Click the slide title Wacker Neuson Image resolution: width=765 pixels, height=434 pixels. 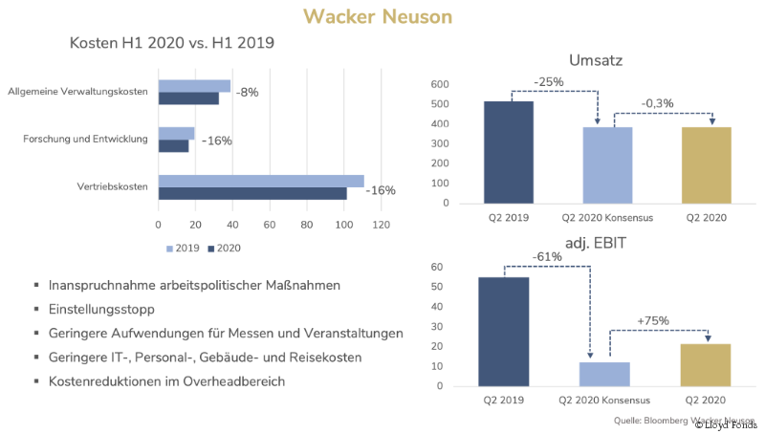click(x=378, y=16)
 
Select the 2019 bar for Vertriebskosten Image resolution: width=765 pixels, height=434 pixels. click(x=261, y=181)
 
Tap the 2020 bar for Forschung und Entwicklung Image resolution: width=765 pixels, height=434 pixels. click(x=173, y=146)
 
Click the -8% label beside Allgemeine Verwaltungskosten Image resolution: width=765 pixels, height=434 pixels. click(x=247, y=93)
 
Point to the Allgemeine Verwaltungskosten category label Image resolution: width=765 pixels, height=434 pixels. click(x=77, y=92)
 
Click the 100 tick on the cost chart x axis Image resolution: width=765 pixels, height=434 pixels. click(x=344, y=226)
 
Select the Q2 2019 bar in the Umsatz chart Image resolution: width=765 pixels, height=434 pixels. click(x=508, y=152)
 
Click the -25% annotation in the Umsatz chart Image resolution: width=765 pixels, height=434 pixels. click(x=550, y=82)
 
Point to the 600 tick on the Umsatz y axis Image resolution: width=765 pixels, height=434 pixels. click(x=440, y=84)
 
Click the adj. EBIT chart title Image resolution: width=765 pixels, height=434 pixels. click(x=596, y=245)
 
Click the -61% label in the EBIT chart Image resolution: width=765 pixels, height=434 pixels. click(x=550, y=256)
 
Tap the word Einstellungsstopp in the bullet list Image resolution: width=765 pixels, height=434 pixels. click(x=101, y=310)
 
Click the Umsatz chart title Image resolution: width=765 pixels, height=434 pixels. click(x=596, y=61)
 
